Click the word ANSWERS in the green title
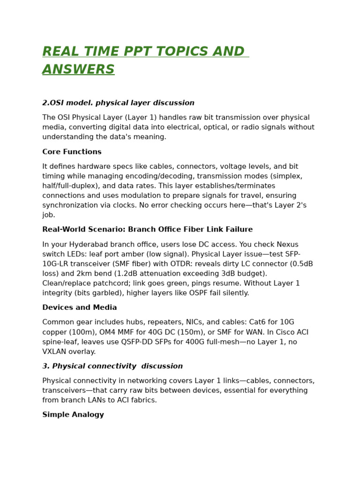point(78,70)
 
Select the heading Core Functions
point(72,152)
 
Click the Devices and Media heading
point(79,307)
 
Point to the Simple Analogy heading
point(73,415)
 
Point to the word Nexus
point(288,244)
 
